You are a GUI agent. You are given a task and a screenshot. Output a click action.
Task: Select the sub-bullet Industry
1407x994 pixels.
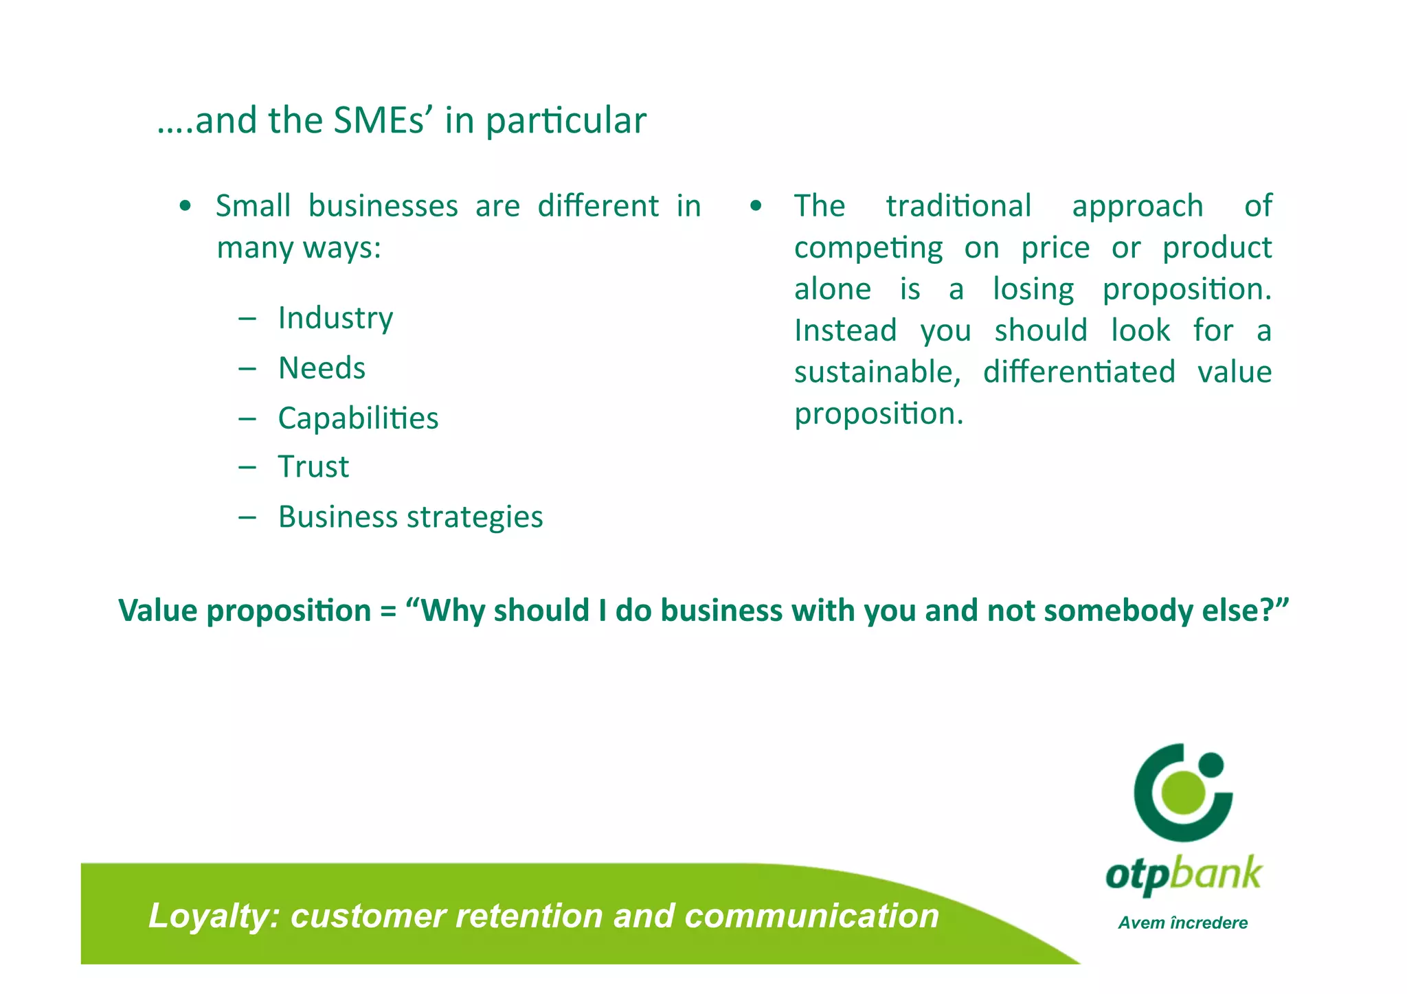[x=335, y=318]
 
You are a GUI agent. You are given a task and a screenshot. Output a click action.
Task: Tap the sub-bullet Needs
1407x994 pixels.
[x=322, y=368]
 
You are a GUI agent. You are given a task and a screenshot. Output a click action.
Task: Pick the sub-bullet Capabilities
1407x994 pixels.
[x=358, y=418]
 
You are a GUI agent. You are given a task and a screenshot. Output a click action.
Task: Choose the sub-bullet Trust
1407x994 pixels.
[x=313, y=467]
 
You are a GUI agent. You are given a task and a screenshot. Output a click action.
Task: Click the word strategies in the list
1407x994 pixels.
[x=475, y=517]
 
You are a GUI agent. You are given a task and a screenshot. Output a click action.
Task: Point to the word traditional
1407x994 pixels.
[x=958, y=206]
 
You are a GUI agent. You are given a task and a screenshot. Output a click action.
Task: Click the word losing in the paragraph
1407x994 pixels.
[x=1033, y=289]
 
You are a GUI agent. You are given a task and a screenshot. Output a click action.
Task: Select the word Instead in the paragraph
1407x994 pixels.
[x=846, y=330]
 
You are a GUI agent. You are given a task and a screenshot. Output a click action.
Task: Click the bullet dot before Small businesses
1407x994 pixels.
[x=184, y=207]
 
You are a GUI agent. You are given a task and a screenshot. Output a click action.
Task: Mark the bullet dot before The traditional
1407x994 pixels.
[x=756, y=207]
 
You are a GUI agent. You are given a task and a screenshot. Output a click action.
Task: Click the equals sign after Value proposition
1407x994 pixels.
[x=388, y=611]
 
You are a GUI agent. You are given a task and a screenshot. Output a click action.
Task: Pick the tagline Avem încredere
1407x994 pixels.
[x=1182, y=923]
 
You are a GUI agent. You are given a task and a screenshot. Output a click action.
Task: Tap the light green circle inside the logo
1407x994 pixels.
[x=1183, y=791]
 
